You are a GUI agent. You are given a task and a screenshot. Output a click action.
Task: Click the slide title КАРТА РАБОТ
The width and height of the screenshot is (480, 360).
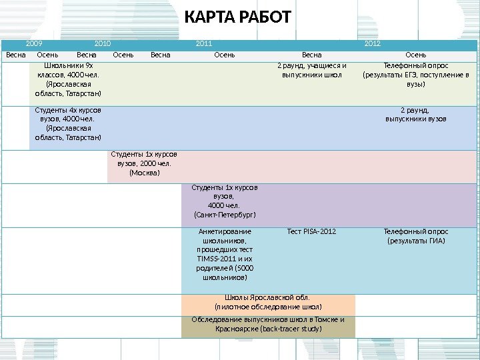coord(237,16)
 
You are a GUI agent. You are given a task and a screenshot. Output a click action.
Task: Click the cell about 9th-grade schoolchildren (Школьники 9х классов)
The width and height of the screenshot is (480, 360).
coord(68,80)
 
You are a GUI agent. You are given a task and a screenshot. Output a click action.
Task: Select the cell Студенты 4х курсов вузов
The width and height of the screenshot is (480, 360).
coord(68,123)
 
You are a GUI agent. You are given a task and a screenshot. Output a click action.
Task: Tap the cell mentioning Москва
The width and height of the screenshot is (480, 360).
coord(144,163)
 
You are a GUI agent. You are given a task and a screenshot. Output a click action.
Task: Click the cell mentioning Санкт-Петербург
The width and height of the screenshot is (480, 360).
coord(225,201)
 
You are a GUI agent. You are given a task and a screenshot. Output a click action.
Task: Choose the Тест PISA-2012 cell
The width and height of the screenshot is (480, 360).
coord(311,232)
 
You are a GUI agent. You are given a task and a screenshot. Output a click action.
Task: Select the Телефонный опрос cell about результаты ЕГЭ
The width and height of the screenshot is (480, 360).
coord(416,75)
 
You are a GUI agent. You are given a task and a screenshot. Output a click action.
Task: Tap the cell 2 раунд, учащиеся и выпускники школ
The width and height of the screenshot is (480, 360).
coord(311,71)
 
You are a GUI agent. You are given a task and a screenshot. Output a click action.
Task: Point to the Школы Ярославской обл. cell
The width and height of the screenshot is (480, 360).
coord(268,302)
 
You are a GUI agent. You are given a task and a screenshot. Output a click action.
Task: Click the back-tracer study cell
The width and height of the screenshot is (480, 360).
coord(268,324)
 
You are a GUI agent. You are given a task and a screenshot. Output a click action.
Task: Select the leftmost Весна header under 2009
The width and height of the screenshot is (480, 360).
coord(16,55)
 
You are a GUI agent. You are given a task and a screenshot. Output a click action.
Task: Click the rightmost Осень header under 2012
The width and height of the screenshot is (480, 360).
coord(416,55)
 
